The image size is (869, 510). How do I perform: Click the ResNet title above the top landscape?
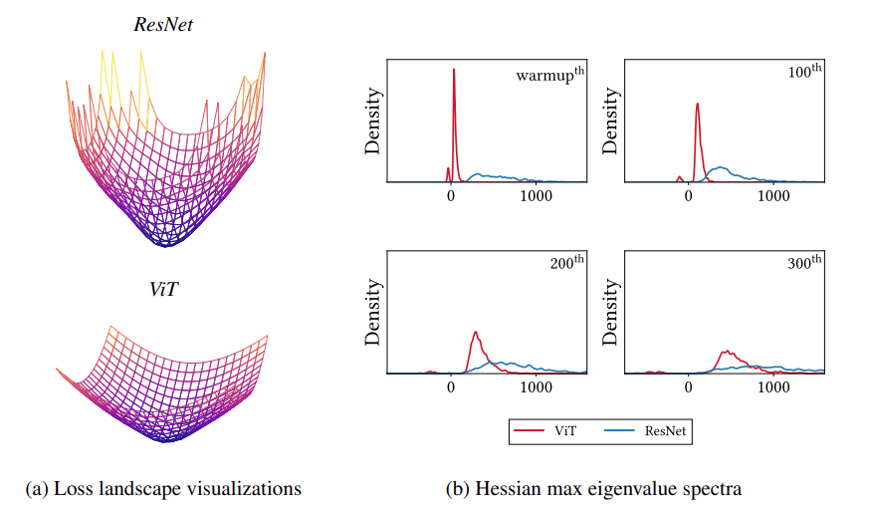click(x=163, y=24)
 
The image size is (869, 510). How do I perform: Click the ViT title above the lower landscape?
click(x=163, y=290)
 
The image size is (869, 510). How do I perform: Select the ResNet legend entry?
click(x=647, y=430)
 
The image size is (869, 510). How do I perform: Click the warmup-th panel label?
click(x=548, y=76)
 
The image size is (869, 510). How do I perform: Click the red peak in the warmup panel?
click(x=454, y=70)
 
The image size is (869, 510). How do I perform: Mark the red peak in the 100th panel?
click(x=697, y=104)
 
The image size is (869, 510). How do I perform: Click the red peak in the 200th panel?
click(x=476, y=332)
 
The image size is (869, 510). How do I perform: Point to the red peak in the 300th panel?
click(x=727, y=352)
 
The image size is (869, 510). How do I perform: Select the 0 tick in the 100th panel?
click(x=690, y=196)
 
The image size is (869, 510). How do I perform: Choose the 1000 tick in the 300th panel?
click(x=773, y=386)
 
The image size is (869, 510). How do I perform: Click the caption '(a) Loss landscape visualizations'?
click(x=163, y=489)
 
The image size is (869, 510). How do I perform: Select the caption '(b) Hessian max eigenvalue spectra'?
click(x=593, y=489)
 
